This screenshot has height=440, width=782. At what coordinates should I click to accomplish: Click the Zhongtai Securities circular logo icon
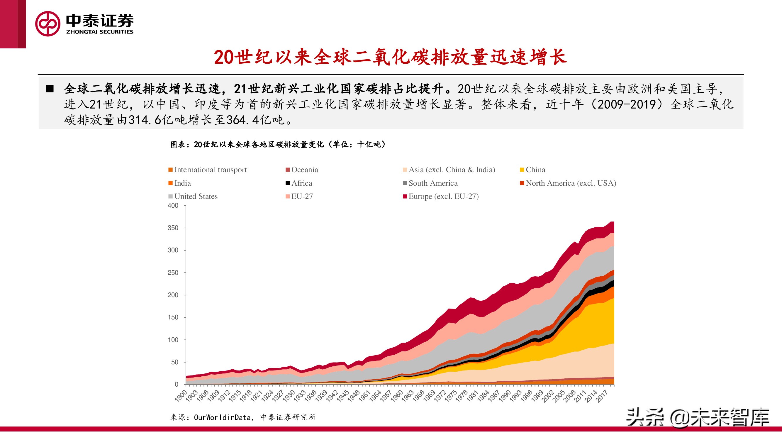pos(48,24)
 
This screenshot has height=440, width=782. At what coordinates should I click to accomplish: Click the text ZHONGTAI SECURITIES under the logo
pos(100,32)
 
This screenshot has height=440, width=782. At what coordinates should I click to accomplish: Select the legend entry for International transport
pos(207,170)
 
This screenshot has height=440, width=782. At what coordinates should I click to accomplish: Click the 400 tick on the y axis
pos(173,206)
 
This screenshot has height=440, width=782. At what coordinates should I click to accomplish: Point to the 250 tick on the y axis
pos(173,273)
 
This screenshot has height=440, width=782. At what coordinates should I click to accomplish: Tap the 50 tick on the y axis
pos(174,362)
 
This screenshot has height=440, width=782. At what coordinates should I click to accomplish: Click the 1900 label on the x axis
pos(181,396)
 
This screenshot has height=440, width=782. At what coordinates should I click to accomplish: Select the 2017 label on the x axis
pos(602,396)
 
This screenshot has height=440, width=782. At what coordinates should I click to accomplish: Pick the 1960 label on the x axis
pos(397,396)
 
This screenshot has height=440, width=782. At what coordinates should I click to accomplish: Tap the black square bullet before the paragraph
pos(50,89)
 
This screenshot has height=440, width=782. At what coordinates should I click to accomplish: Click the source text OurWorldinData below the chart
pos(222,417)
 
